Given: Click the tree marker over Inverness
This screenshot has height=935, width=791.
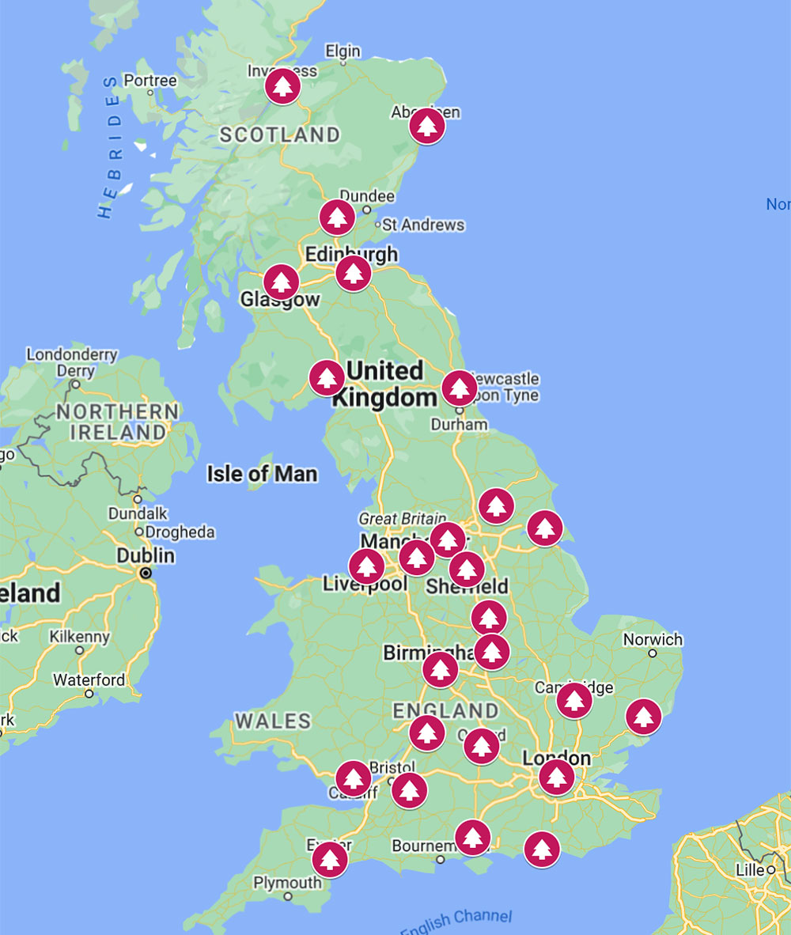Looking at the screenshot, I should [x=281, y=86].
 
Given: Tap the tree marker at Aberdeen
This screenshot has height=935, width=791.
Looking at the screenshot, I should [x=427, y=126].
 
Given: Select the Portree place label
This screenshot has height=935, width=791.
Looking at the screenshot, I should [x=150, y=81].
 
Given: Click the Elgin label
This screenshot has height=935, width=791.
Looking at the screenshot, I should [x=343, y=51].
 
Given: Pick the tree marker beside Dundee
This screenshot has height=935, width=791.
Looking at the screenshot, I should [x=338, y=217].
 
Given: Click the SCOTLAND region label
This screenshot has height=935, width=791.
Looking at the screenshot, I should [x=279, y=135].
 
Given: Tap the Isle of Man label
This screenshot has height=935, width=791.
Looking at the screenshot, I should [x=262, y=474].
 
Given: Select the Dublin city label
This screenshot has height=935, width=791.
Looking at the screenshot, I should [x=146, y=556].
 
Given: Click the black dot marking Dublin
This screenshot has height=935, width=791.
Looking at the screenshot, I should [x=146, y=572].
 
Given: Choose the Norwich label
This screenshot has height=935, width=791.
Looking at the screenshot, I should [x=653, y=639].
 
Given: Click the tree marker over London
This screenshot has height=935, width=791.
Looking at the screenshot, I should [x=557, y=777].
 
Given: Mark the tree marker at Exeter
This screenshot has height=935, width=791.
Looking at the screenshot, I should [x=330, y=860].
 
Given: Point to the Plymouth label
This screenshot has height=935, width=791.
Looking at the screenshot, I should [x=287, y=883].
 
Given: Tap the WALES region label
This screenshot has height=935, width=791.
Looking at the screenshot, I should [x=273, y=721].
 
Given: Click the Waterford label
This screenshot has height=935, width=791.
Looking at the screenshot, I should [x=89, y=679].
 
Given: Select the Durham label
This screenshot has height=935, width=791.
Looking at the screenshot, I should [x=460, y=424].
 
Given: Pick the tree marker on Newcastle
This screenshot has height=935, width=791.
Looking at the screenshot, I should [x=460, y=388].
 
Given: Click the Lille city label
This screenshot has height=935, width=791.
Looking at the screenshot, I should [x=749, y=870].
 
